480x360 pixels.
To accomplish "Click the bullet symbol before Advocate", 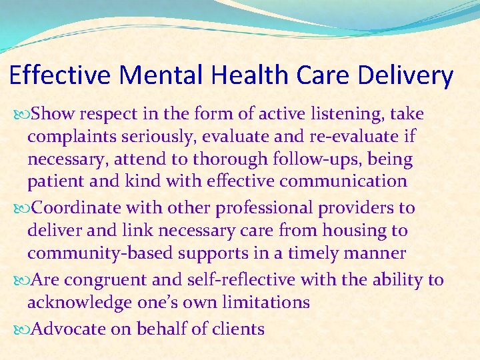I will click(22, 329).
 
